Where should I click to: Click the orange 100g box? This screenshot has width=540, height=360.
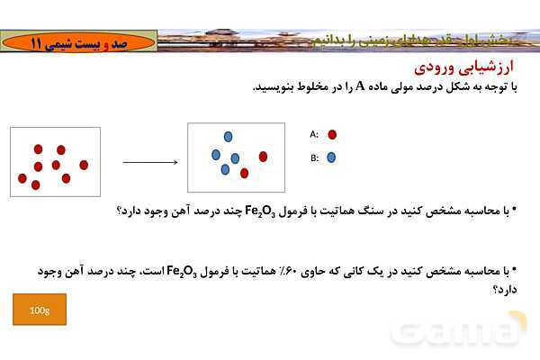pos(40,310)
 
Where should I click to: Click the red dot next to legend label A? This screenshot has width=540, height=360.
pos(332,134)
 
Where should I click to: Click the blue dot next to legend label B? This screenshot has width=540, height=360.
pos(331,157)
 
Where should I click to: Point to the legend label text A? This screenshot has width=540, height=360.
pos(314,134)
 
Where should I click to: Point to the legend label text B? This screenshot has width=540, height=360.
pos(314,157)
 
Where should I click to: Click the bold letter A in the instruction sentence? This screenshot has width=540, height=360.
pos(359,87)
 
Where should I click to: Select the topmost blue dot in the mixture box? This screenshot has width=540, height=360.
pos(228,136)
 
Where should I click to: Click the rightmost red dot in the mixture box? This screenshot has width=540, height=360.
pos(263,157)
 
